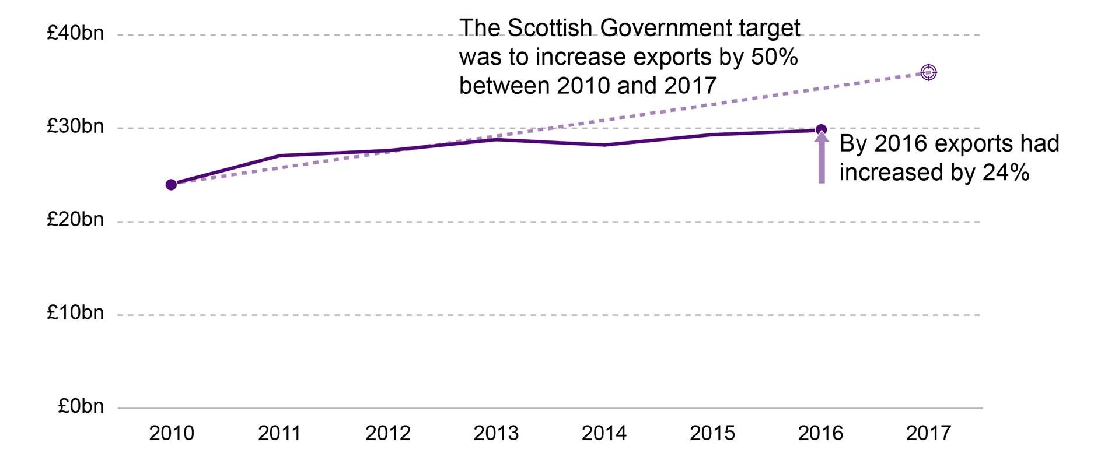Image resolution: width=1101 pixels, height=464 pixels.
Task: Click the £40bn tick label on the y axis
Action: tap(75, 33)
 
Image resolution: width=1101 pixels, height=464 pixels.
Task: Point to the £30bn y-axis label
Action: tap(75, 126)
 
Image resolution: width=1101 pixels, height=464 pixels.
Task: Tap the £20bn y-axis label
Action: tap(75, 220)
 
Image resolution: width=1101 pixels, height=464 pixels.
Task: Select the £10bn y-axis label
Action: tap(75, 313)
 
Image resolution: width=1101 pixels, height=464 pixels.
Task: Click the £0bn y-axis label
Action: tap(81, 406)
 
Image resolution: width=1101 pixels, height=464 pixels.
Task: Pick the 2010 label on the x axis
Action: tap(172, 433)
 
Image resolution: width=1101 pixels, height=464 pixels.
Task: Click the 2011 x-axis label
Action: tap(279, 433)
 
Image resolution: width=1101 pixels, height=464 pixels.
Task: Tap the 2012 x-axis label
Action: tap(388, 433)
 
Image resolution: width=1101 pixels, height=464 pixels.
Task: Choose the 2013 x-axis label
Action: tap(496, 433)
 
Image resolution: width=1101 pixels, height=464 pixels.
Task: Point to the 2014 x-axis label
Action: tap(604, 433)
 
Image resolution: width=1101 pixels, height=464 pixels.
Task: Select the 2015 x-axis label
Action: tap(712, 433)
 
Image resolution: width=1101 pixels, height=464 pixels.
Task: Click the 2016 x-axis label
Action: tap(820, 433)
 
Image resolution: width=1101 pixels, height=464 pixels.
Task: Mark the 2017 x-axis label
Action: tap(928, 433)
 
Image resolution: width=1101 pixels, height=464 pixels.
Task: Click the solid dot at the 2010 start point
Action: tap(171, 185)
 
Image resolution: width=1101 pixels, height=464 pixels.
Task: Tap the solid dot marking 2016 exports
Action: tap(821, 129)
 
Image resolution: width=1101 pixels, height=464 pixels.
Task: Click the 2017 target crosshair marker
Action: tap(928, 72)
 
